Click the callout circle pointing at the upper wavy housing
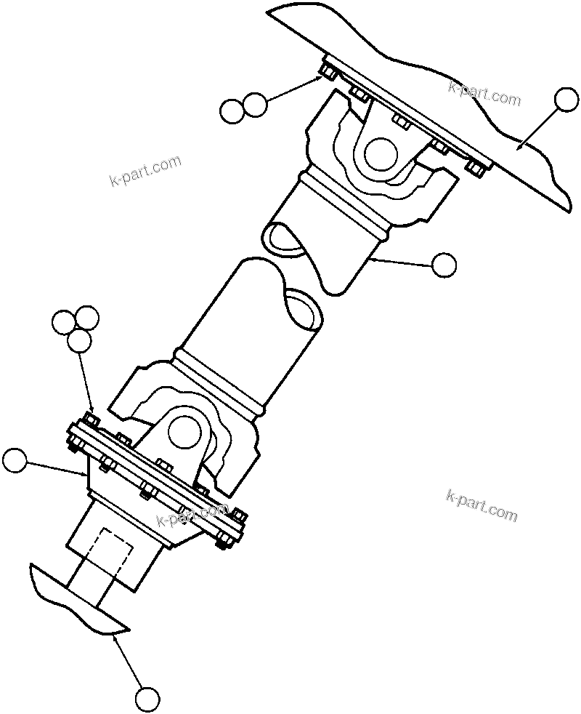point(566,100)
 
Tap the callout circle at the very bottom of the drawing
point(147,699)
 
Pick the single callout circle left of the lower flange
point(15,461)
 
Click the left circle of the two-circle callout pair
point(232,111)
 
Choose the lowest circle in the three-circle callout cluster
point(78,341)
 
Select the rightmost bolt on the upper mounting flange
point(474,168)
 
